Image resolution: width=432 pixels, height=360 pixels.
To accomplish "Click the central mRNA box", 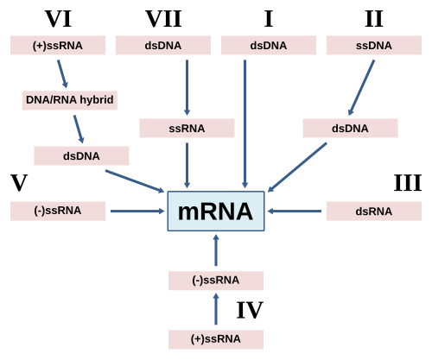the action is [x=216, y=211].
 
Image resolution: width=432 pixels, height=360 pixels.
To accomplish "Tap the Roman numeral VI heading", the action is [x=58, y=19].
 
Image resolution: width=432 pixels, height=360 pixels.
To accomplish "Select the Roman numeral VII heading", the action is [x=163, y=19].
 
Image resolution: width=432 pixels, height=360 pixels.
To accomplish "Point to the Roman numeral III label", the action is [x=408, y=183].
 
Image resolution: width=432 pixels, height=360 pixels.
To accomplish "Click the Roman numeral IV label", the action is [x=250, y=310].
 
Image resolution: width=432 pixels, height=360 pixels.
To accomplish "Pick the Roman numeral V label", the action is [x=19, y=183].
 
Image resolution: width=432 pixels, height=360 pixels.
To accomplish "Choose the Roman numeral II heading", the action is [x=374, y=19].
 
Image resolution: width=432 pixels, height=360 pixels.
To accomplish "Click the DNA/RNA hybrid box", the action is [x=70, y=100].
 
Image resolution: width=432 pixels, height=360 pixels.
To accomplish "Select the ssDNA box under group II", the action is [x=374, y=45].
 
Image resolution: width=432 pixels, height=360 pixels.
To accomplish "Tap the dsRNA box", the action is [x=374, y=212].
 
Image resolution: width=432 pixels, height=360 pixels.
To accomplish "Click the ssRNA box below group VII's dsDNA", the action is [x=187, y=128].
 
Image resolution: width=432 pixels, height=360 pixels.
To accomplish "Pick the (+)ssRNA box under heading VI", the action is [x=58, y=45].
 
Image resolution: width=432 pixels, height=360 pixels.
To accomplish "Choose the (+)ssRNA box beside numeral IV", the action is [x=216, y=339].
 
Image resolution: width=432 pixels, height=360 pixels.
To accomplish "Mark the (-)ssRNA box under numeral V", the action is [x=58, y=211].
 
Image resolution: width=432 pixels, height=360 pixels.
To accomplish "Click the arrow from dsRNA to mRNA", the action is [x=295, y=212].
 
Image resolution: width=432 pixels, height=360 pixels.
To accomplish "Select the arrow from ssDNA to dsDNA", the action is [x=361, y=87].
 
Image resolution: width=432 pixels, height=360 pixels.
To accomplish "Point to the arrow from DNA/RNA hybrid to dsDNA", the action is [x=79, y=129].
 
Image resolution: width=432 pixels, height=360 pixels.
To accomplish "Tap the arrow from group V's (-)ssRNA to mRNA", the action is [x=137, y=212].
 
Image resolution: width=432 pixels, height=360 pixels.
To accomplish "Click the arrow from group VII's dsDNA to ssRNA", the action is [x=187, y=87].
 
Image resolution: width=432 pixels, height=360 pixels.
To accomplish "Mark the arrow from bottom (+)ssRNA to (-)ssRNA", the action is [x=216, y=309].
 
